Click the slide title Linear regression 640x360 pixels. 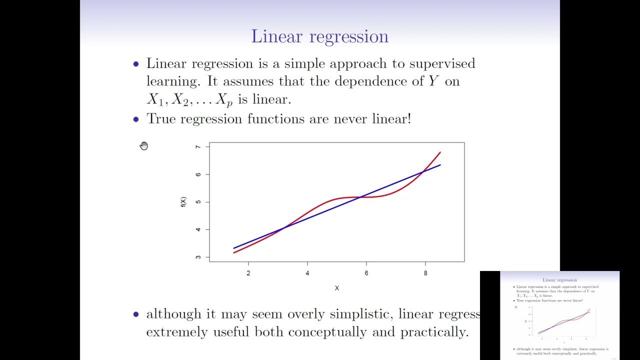pyautogui.click(x=319, y=37)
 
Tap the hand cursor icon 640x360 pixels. pyautogui.click(x=144, y=145)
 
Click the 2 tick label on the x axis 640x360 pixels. pyautogui.click(x=248, y=273)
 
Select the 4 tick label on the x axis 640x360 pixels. pyautogui.click(x=307, y=273)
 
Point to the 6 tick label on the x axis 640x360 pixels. pyautogui.click(x=366, y=273)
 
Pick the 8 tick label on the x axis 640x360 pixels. pyautogui.click(x=425, y=273)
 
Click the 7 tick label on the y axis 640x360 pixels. pyautogui.click(x=198, y=147)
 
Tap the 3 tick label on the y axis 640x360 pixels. pyautogui.click(x=198, y=257)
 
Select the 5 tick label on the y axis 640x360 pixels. pyautogui.click(x=198, y=202)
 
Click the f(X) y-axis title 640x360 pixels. pyautogui.click(x=183, y=202)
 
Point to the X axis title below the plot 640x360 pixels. pyautogui.click(x=337, y=288)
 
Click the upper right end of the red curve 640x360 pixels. pyautogui.click(x=440, y=152)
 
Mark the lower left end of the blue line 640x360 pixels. pyautogui.click(x=234, y=248)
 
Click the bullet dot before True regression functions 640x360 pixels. pyautogui.click(x=136, y=119)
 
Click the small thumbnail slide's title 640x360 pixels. pyautogui.click(x=559, y=280)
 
